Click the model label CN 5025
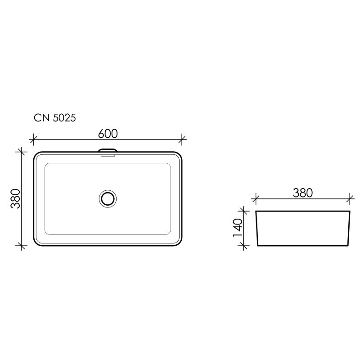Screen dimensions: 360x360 [54, 118]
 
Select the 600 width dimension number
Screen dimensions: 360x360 [108, 134]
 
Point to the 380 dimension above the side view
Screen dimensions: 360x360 [302, 193]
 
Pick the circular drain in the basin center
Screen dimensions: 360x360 [108, 198]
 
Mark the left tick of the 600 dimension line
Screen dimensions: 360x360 [33, 139]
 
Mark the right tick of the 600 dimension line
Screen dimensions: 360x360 [182, 139]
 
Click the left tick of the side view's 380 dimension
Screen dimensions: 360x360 [256, 198]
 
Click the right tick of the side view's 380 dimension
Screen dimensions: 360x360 [350, 198]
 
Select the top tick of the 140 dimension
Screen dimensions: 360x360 [244, 210]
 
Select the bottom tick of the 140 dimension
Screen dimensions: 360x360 [244, 246]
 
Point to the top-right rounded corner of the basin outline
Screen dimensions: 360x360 [179, 155]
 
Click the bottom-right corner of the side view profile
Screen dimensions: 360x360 [348, 246]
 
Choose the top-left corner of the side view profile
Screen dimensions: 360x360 [256, 211]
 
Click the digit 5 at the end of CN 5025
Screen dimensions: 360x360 [72, 118]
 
